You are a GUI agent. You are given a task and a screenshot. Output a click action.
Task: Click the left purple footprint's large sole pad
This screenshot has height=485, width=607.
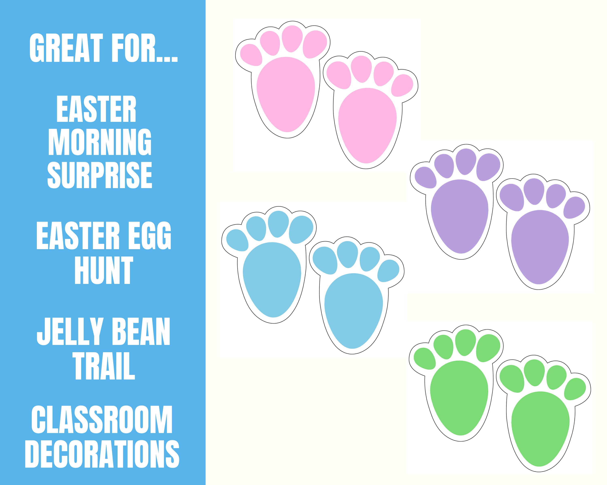460,216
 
